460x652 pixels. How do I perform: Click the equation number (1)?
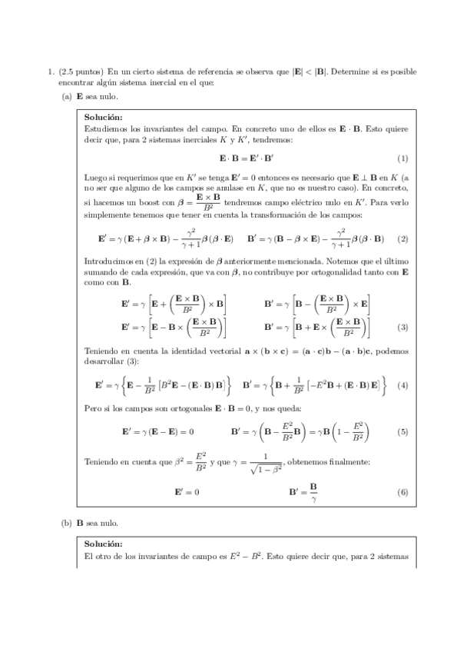coord(402,158)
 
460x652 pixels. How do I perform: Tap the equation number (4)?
coord(402,384)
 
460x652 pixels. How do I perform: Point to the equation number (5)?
coord(402,432)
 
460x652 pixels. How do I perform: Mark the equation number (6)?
coord(402,492)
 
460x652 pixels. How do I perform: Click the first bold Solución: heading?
coord(104,117)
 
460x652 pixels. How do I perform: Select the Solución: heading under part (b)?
coord(104,544)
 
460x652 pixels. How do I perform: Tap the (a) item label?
coord(66,96)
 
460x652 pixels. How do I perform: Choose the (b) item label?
coord(66,523)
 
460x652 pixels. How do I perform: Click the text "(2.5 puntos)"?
coord(82,72)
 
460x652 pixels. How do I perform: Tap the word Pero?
coord(94,407)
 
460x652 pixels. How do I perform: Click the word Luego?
coord(95,177)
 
